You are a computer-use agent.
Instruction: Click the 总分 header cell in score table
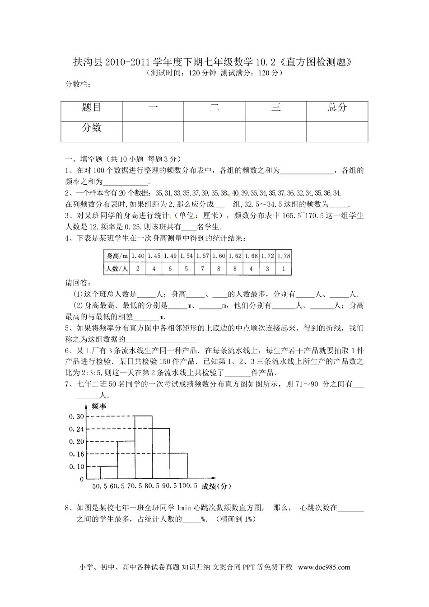tap(337, 107)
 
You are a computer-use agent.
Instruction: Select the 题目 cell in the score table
tap(92, 107)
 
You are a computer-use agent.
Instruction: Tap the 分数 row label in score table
tap(92, 128)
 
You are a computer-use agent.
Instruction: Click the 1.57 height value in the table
tap(203, 256)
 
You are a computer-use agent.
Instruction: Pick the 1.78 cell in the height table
tap(284, 256)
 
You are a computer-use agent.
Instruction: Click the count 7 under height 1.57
tap(203, 269)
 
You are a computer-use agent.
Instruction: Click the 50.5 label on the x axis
tap(99, 486)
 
